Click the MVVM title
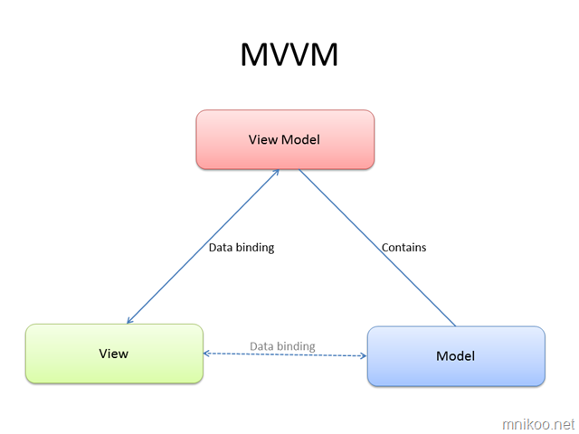pos(289,55)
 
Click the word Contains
pos(403,247)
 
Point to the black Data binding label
pos(242,247)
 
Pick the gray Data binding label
pos(282,346)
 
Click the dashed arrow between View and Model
pos(285,354)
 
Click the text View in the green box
pos(114,354)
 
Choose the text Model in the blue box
pos(455,356)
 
